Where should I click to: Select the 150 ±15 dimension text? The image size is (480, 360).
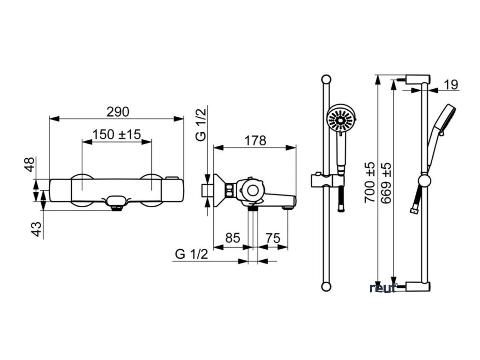pos(116,135)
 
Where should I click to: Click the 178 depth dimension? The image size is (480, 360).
pos(255,141)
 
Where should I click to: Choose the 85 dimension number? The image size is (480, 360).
pos(233,238)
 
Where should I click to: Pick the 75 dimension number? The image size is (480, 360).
pos(273,238)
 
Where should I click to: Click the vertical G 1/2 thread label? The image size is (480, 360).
pos(201,124)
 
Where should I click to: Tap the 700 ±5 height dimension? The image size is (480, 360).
pos(370,181)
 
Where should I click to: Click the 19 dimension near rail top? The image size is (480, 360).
pos(450,85)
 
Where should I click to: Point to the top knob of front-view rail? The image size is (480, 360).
pos(325,78)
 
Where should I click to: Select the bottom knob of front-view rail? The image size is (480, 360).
pos(325,286)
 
